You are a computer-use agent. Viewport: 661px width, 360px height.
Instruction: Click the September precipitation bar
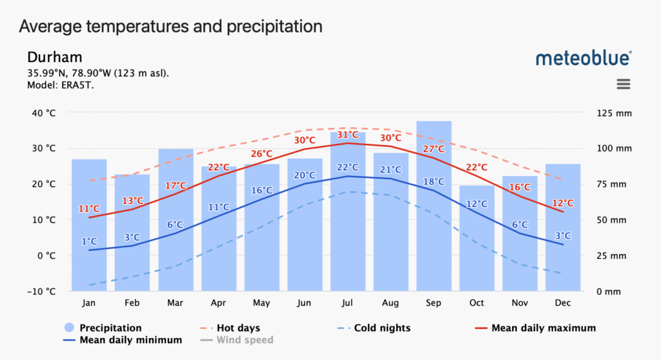[434, 206]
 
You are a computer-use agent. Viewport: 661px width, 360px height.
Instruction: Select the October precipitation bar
[477, 245]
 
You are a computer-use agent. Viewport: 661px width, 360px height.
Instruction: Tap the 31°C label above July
[348, 134]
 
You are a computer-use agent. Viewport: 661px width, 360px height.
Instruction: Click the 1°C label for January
[90, 241]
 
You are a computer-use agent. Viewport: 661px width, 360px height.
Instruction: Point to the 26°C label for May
[261, 154]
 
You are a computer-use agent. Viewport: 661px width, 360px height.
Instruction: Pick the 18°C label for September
[434, 181]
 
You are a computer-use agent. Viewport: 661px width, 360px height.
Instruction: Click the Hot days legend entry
[238, 328]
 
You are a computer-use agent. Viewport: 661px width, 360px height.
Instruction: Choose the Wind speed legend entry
[245, 340]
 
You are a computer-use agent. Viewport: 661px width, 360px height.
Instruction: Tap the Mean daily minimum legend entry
[129, 340]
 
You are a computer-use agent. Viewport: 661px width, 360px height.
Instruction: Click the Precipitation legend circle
[69, 328]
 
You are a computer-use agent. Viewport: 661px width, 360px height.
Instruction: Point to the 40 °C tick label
[43, 113]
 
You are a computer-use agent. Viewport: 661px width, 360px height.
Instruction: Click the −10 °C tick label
[42, 292]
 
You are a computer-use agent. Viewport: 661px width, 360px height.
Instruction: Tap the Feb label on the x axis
[132, 303]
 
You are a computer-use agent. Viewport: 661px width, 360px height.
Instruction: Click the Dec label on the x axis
[563, 303]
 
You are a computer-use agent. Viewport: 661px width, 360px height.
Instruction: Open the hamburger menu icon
[623, 84]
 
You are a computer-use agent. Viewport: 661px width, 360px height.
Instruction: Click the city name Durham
[55, 57]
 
